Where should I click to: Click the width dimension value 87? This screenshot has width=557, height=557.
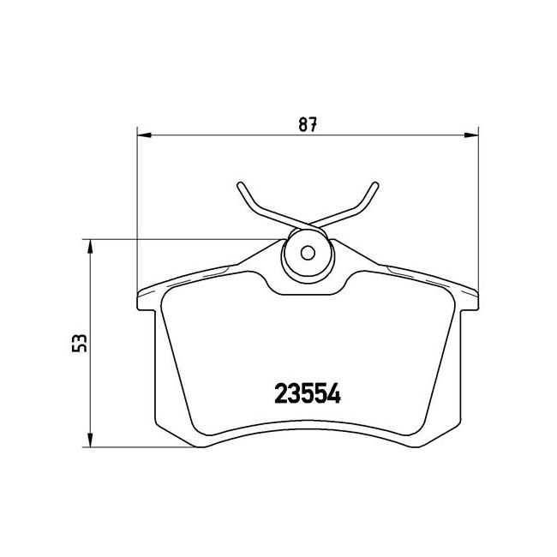pyautogui.click(x=308, y=124)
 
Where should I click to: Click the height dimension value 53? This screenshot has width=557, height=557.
pyautogui.click(x=79, y=343)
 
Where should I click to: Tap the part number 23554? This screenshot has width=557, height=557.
pyautogui.click(x=308, y=393)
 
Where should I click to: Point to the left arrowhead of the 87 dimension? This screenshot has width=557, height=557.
pyautogui.click(x=144, y=135)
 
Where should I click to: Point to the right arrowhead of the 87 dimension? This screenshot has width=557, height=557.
pyautogui.click(x=471, y=135)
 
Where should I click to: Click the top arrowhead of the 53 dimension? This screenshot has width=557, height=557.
pyautogui.click(x=90, y=247)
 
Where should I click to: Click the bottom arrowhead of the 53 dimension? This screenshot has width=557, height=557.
pyautogui.click(x=90, y=440)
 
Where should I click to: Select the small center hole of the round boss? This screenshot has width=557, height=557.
pyautogui.click(x=308, y=253)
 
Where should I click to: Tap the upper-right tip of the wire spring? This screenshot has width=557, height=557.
pyautogui.click(x=375, y=185)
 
